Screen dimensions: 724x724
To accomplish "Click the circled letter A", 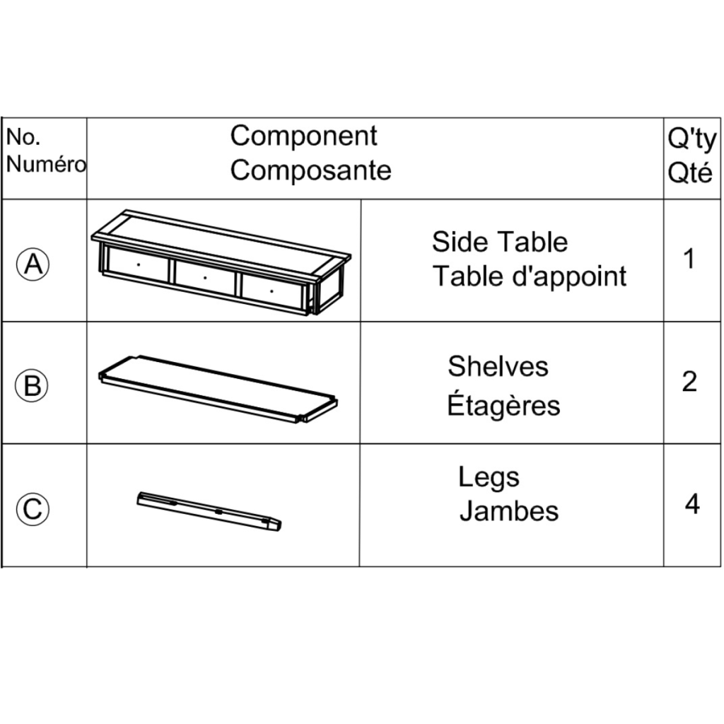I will pos(33,264).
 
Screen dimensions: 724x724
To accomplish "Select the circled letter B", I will pos(33,386).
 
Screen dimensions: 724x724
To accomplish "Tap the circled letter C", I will pos(33,508).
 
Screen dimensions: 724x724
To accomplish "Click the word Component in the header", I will pos(304,136).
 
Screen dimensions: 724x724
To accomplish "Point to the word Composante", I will pos(311,170).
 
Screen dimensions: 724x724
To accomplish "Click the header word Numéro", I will pos(45,165).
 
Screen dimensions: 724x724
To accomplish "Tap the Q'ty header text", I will pos(691,139).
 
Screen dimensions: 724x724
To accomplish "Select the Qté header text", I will pos(690,173).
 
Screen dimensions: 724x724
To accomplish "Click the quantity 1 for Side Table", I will pos(689,259).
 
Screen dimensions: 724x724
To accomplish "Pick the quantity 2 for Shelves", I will pos(689,382).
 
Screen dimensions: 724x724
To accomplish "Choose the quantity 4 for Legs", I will pos(692,505).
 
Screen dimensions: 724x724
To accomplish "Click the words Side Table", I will pos(500,242).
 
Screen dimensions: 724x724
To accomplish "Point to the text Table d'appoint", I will pos(530,276).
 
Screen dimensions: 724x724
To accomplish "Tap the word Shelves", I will pos(498,366).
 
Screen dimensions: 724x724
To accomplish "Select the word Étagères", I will pos(503,406).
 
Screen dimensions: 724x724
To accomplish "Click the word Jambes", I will pos(509,510).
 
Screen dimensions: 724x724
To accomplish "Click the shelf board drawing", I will pos(219,388).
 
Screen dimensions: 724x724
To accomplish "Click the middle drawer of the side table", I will pos(205,278).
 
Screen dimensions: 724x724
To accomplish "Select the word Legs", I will pos(489,477).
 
